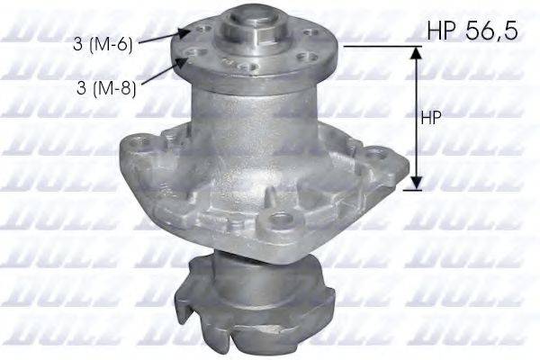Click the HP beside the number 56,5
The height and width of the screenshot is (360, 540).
coord(441,32)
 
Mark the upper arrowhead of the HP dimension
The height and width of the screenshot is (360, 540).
coord(415,53)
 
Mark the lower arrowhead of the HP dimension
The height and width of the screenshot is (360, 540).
coord(415,184)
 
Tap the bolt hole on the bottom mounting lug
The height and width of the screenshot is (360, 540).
coord(282,218)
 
